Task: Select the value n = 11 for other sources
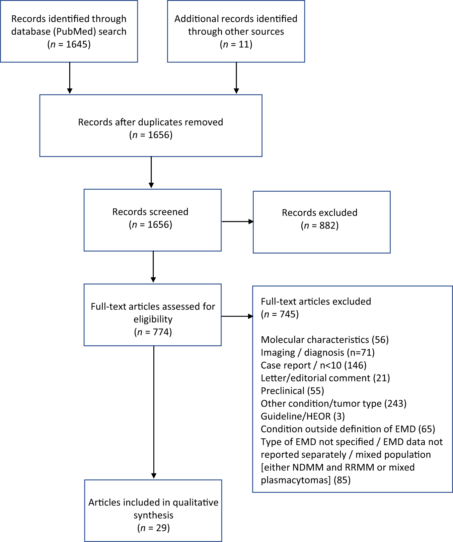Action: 236,44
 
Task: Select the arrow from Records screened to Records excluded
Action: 237,221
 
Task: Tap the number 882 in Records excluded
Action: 327,225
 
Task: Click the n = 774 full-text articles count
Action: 153,332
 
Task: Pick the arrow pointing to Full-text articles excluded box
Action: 237,316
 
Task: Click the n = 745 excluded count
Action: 280,314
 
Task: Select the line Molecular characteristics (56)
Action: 324,340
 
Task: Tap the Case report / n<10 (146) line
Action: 313,365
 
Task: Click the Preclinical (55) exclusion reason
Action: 292,391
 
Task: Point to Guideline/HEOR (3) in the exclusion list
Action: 303,416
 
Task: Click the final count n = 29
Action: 153,528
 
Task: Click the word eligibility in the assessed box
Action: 153,319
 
